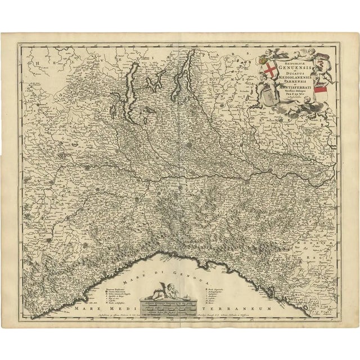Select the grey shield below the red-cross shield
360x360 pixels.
269,91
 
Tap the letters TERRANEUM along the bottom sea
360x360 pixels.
241,310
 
